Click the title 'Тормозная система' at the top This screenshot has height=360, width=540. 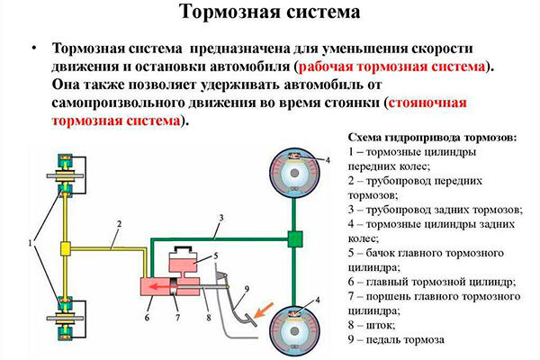point(270,13)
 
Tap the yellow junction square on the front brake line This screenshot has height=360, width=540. point(67,247)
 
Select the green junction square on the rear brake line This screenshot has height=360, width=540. point(293,238)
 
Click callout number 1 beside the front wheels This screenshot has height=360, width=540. point(32,243)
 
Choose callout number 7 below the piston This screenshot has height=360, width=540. point(178,318)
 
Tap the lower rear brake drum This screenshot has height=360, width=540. point(294,324)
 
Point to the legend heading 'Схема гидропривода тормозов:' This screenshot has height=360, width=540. point(432,137)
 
